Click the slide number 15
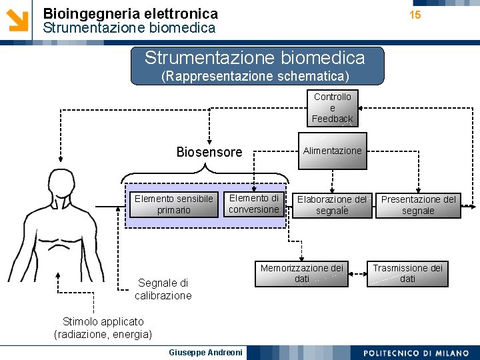coord(415,15)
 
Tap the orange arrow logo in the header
coord(18,19)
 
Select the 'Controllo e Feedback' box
coord(332,108)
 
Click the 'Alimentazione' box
coord(332,151)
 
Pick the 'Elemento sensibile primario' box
coord(173,205)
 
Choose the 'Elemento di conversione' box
coord(254,204)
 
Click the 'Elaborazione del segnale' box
coord(332,205)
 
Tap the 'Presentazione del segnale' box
coord(418,205)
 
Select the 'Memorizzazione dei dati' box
coord(302,273)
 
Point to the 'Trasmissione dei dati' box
coord(407,273)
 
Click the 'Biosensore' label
coord(209,152)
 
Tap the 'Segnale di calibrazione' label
coord(163,289)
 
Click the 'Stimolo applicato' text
coord(103,322)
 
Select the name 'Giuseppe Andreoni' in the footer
coord(197,352)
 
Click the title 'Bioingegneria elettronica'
coord(130,13)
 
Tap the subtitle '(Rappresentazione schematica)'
coord(255,75)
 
